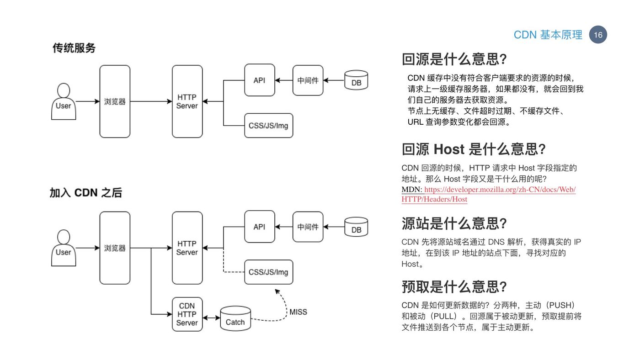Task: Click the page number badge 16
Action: [x=598, y=35]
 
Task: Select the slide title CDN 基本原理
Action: [x=548, y=35]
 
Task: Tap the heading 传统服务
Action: [x=74, y=48]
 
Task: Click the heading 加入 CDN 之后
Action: [x=86, y=193]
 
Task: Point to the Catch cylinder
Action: [x=235, y=318]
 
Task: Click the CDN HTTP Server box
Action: [x=187, y=314]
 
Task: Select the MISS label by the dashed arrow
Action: [x=298, y=312]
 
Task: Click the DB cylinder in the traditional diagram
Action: [x=356, y=80]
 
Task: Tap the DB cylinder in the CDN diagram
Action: [x=356, y=227]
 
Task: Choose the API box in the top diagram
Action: [x=260, y=80]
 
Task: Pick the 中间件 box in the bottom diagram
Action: [x=308, y=227]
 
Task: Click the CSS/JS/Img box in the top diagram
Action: [x=269, y=126]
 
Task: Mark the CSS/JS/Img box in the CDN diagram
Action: [x=269, y=272]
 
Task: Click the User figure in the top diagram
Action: [x=64, y=101]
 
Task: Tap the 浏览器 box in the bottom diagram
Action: [x=115, y=248]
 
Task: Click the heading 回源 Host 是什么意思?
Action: [x=474, y=149]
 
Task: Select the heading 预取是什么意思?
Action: [x=454, y=286]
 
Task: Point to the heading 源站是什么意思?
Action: [x=454, y=223]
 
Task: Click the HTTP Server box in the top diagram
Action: [x=187, y=101]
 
